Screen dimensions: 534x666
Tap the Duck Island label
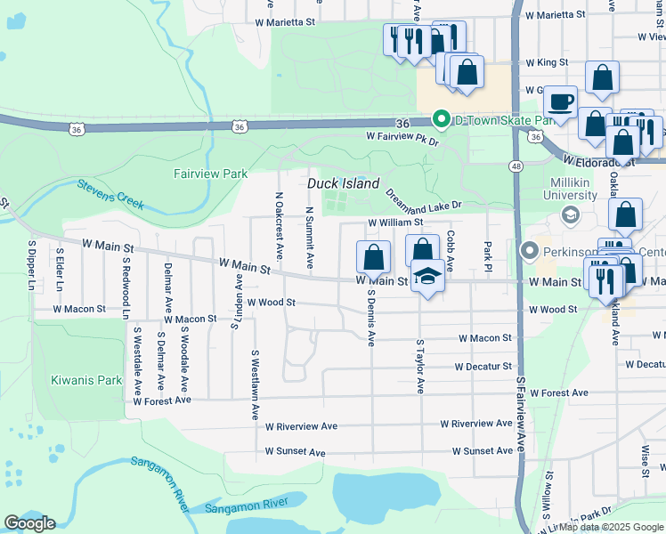(344, 183)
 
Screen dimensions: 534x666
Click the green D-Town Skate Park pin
(440, 119)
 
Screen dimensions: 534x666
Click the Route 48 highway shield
(516, 166)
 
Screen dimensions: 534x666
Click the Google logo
(29, 522)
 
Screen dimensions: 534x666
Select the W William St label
(396, 222)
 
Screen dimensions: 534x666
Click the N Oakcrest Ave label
(279, 226)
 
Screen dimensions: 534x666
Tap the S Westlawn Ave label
(255, 384)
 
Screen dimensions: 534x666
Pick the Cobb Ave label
(451, 252)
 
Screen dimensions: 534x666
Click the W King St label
(547, 63)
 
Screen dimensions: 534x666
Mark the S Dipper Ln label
(31, 264)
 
